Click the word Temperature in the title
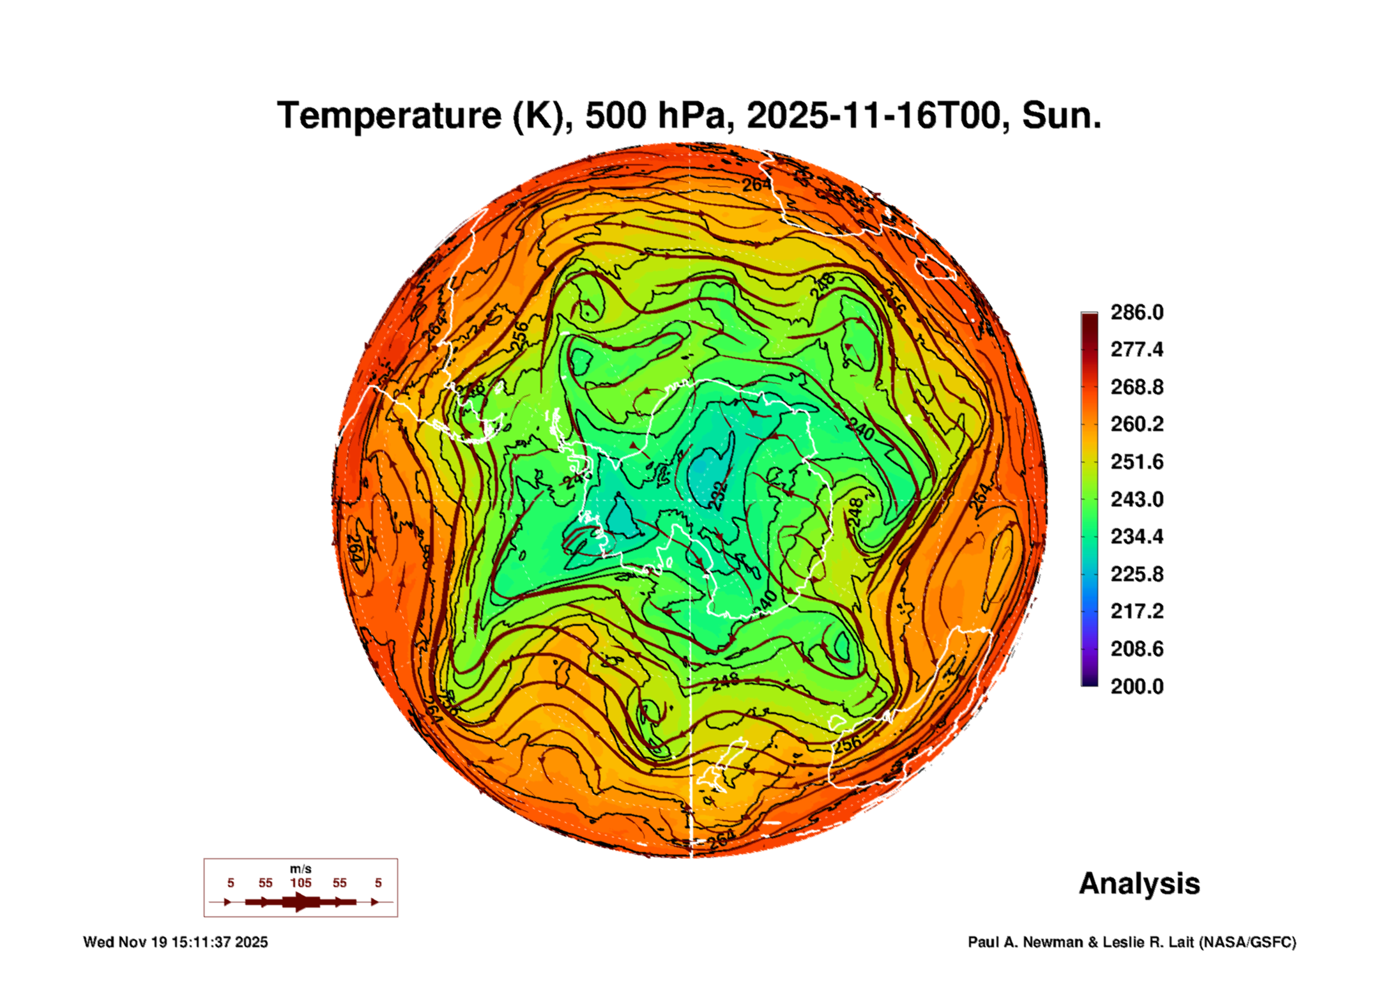(389, 116)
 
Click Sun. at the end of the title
(1061, 116)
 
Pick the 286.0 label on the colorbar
(1136, 312)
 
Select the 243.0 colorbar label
(1136, 499)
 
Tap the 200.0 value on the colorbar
(1136, 687)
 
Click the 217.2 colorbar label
(1136, 611)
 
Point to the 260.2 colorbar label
(1136, 424)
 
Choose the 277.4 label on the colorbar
(1136, 349)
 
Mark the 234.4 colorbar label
(1136, 537)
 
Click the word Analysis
(1139, 884)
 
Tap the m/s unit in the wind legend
(300, 869)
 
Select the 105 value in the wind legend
(300, 883)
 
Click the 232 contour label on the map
(719, 496)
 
